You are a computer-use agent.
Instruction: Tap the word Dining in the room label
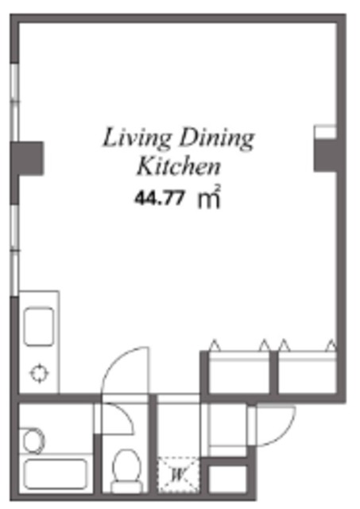coord(217,139)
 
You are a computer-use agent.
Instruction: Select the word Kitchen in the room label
coord(178,166)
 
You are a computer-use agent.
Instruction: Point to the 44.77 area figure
coord(160,198)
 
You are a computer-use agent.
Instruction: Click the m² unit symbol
coord(209,196)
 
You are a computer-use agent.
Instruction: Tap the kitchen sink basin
coord(39,327)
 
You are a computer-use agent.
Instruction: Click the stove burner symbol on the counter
coord(40,374)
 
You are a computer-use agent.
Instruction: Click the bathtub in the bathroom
coord(56,474)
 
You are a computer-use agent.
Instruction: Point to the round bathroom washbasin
coord(33,441)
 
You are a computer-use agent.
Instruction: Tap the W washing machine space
coord(178,476)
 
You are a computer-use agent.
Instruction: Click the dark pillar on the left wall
coord(27,158)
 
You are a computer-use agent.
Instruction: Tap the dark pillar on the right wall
coord(326,155)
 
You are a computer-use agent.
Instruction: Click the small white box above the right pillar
coord(325,132)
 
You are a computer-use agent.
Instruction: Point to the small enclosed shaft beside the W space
coord(227,479)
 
